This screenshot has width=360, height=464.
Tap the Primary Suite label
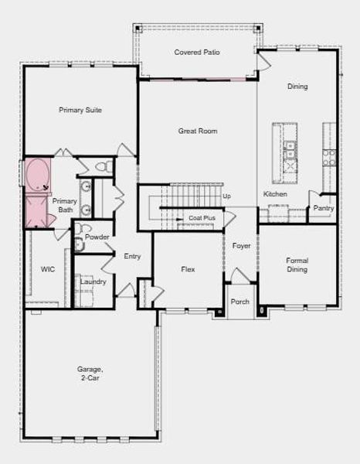pos(80,110)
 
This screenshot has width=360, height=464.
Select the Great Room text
pos(198,131)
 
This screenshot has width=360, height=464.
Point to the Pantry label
pos(323,208)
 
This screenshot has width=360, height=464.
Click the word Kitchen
pos(275,194)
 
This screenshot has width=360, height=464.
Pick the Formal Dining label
pos(297,265)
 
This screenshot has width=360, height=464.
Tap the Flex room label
pos(188,270)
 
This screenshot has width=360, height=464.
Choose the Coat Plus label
pos(202,219)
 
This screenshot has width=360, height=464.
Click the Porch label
pos(240,302)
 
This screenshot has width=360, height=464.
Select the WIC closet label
pos(47,269)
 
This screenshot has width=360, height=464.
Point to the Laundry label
pos(93,281)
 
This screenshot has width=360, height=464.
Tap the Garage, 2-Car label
pos(90,374)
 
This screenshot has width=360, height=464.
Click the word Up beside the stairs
pos(226,196)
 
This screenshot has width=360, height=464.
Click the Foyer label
pos(242,246)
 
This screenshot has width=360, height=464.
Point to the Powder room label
pos(97,237)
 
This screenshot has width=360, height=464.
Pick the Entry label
pos(132,256)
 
